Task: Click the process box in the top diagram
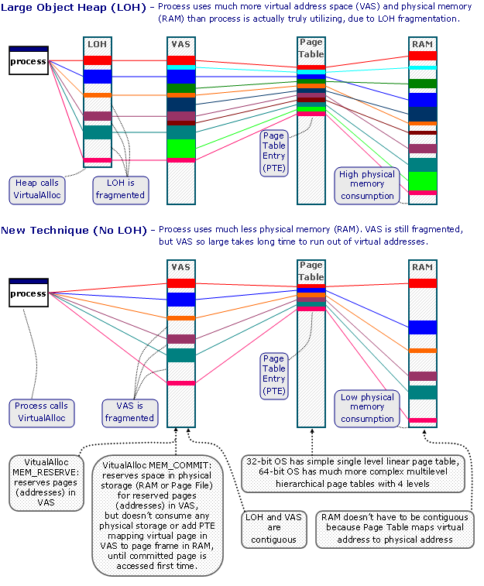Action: tap(29, 61)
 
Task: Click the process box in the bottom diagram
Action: tap(29, 293)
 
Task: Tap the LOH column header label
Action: tap(98, 44)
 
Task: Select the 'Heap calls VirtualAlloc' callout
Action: tap(37, 189)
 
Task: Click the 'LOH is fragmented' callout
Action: tap(120, 189)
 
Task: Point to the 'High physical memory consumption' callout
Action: tap(366, 184)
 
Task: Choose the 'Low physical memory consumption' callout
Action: tap(367, 407)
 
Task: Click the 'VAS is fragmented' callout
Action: tap(129, 411)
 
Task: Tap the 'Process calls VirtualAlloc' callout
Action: tap(42, 412)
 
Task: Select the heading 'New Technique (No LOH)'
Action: tap(74, 230)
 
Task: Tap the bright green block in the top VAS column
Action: tap(180, 147)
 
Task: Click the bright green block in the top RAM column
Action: tap(423, 180)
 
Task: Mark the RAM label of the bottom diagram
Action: tap(422, 267)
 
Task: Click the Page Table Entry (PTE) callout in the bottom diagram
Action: tap(274, 374)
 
